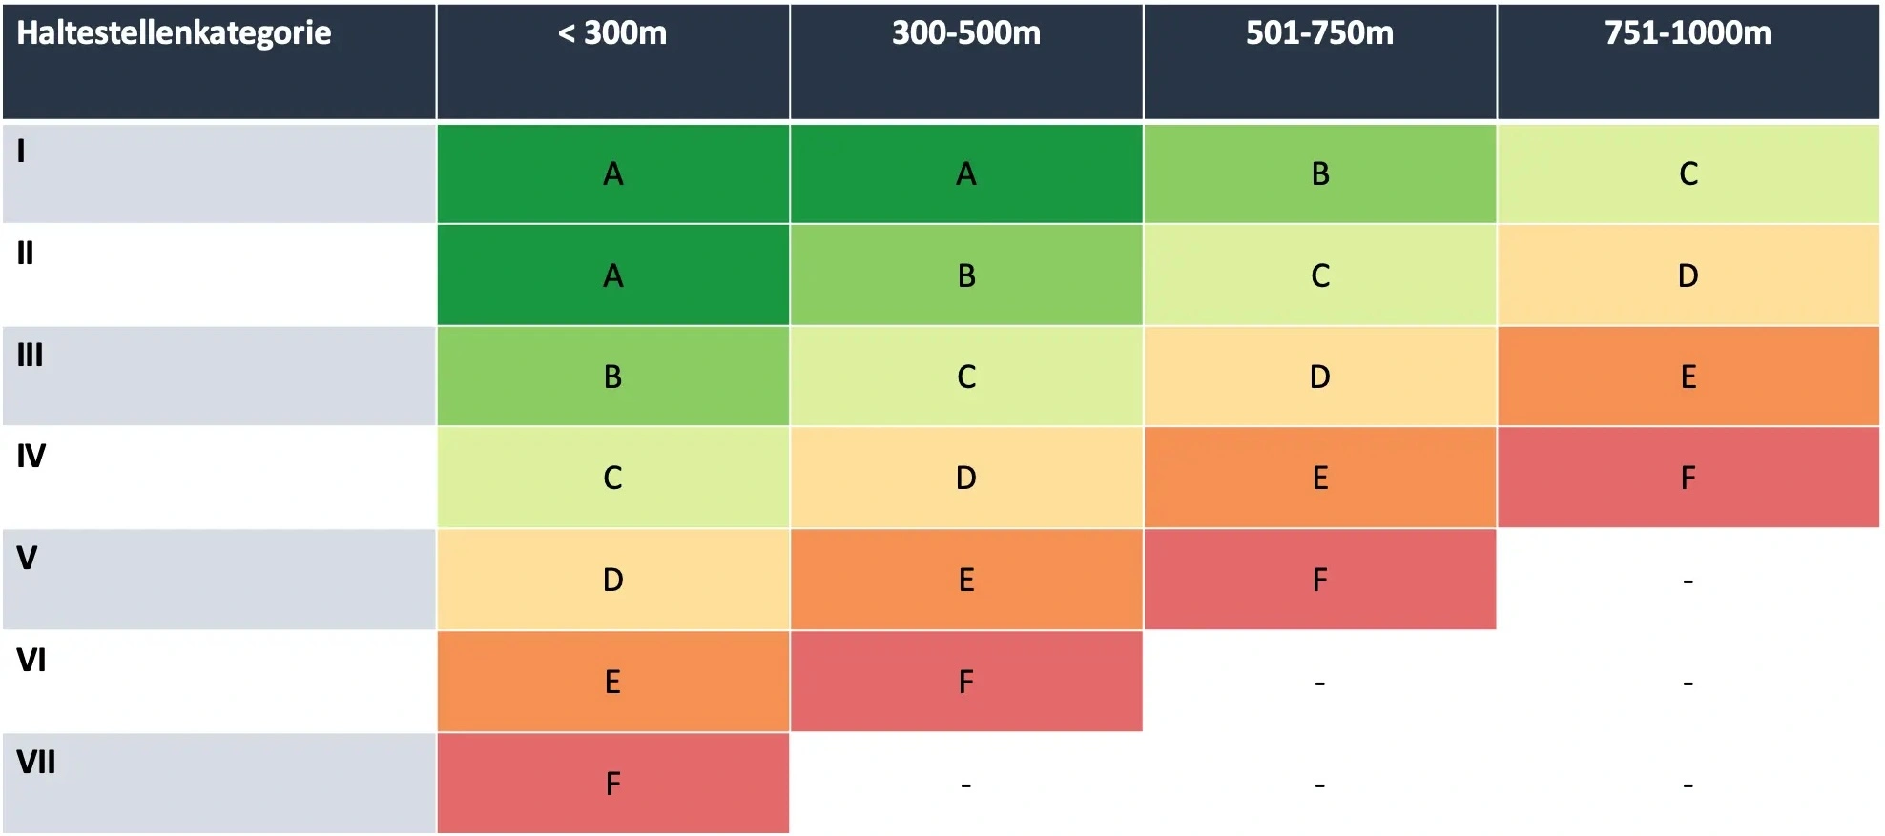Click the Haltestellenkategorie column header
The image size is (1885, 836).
pos(174,33)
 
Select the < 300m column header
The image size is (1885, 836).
pos(612,33)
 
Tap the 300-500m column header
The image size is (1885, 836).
pos(965,33)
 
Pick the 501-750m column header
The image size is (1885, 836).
pos(1319,33)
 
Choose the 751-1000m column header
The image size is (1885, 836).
pos(1688,33)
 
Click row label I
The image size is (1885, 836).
pos(21,151)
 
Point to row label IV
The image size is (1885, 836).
pos(31,457)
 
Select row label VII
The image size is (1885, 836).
pos(36,763)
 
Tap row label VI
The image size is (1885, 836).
pos(31,660)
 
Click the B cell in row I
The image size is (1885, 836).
pos(1319,174)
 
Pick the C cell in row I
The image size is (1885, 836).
pos(1688,174)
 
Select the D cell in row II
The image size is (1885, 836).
pos(1688,275)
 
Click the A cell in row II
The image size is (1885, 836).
pos(612,275)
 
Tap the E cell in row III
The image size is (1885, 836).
pos(1688,377)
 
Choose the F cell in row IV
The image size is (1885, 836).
pos(1688,478)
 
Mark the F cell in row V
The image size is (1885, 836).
pos(1319,580)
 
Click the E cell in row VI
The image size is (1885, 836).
pos(612,682)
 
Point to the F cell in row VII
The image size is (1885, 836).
pos(612,784)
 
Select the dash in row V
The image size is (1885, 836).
pos(1688,580)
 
